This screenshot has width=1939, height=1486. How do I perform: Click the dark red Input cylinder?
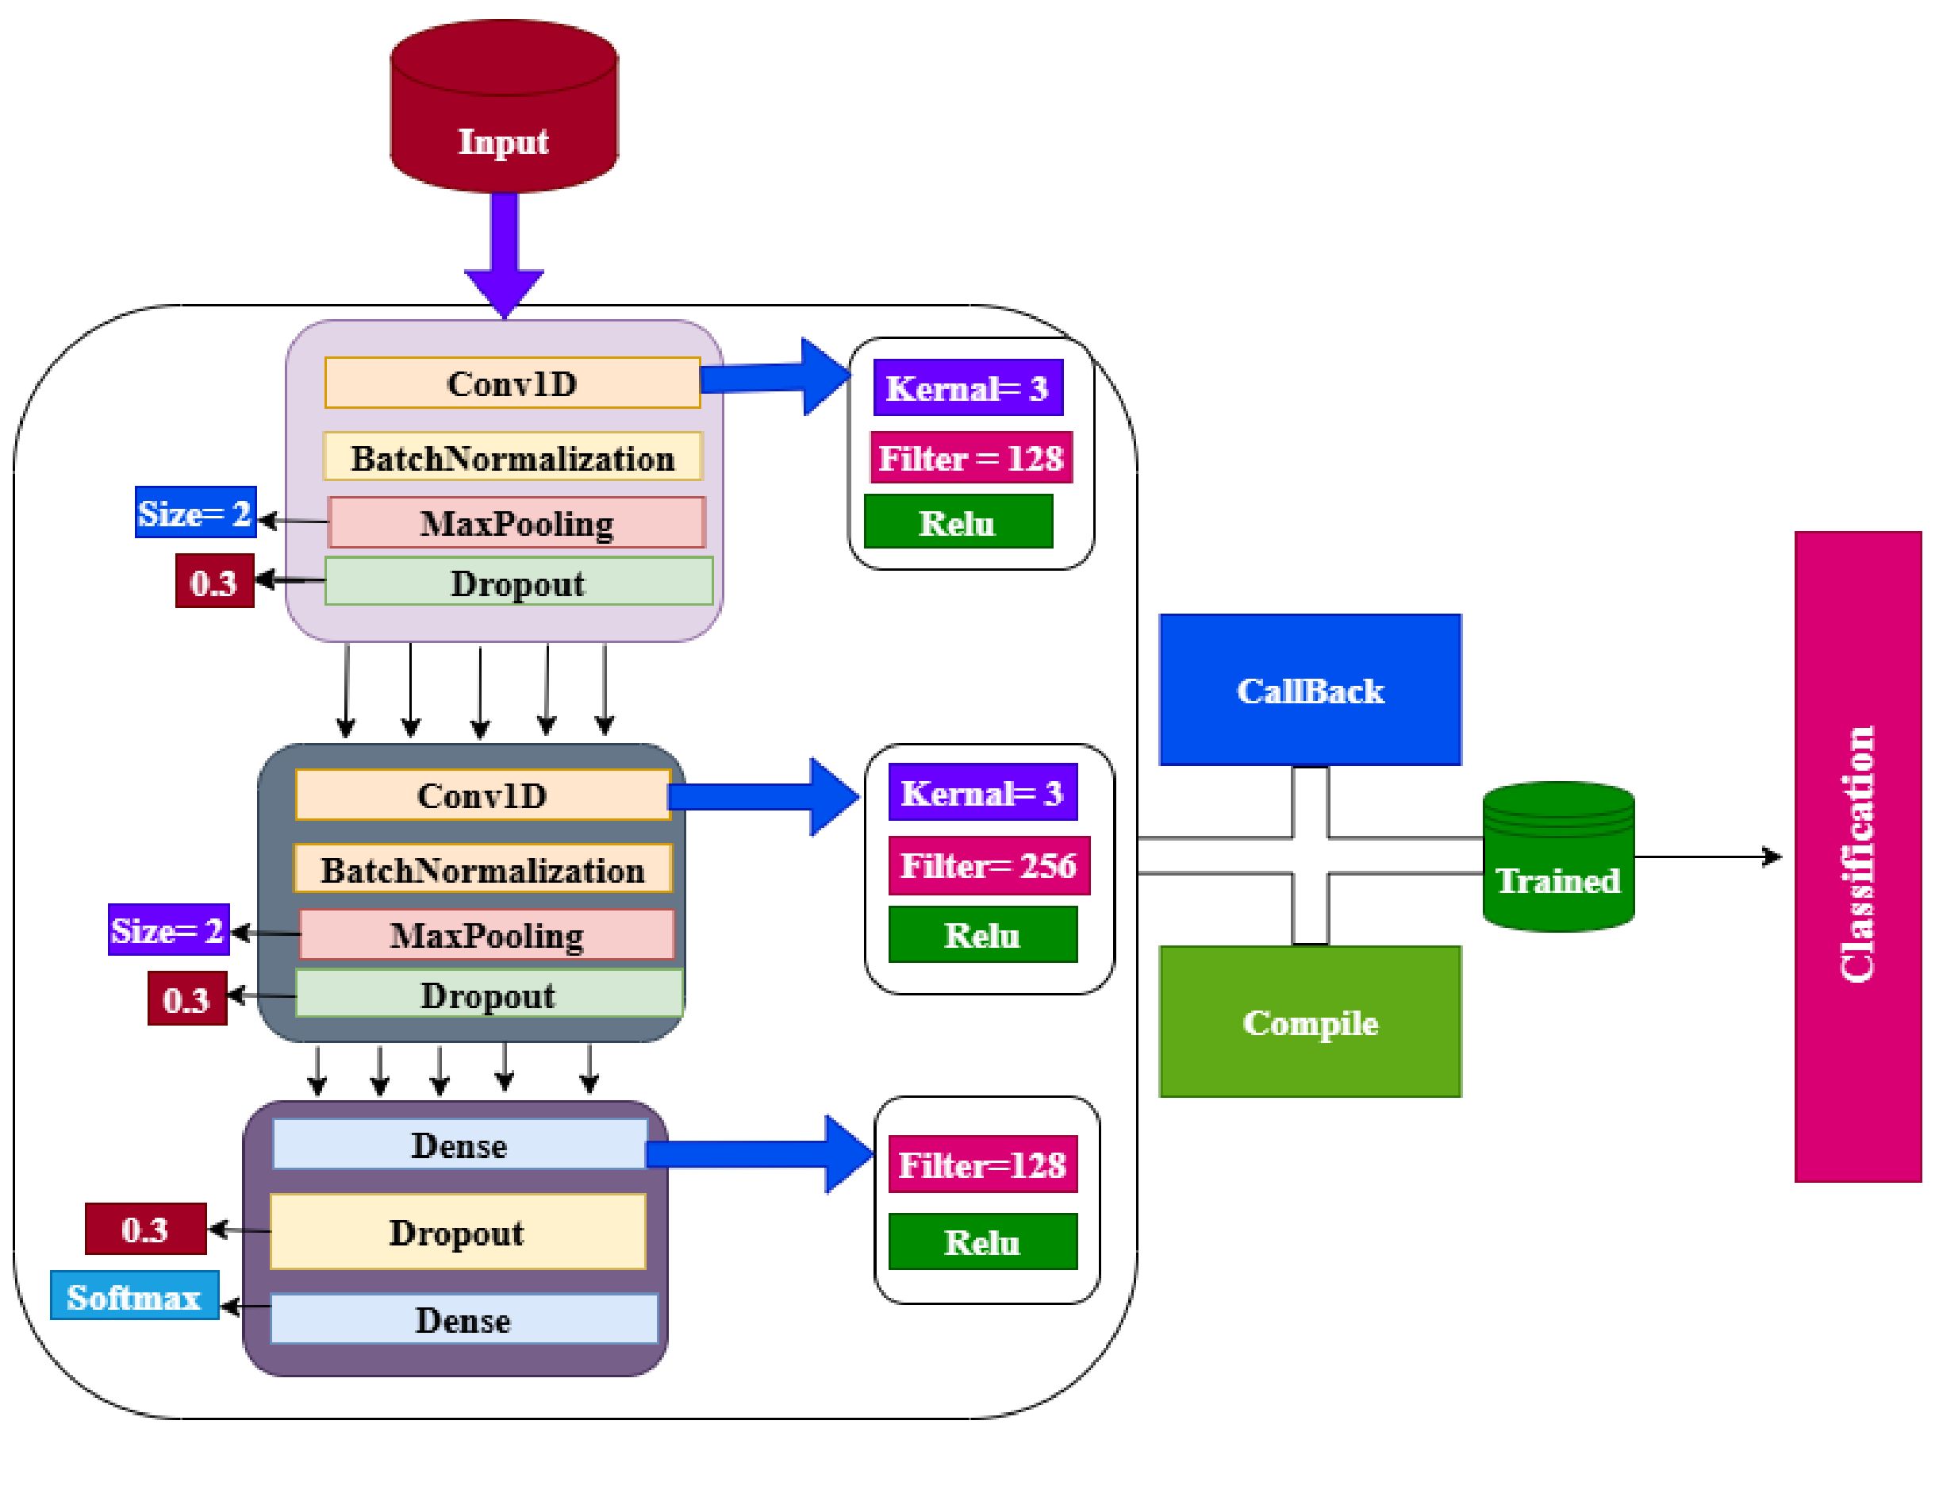[x=503, y=106]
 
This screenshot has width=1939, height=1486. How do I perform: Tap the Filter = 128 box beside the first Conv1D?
[x=970, y=457]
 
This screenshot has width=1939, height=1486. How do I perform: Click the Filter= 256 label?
[x=988, y=865]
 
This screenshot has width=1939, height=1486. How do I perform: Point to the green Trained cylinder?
[x=1557, y=858]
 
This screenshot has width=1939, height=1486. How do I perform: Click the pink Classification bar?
[x=1856, y=856]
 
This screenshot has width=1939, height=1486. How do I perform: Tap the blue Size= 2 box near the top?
[x=195, y=512]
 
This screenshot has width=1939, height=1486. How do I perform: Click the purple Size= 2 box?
[x=168, y=930]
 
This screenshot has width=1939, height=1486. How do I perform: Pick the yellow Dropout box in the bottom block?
[x=457, y=1232]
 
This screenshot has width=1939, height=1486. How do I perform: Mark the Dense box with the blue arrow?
[x=459, y=1145]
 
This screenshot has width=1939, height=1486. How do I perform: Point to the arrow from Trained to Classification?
[x=1707, y=857]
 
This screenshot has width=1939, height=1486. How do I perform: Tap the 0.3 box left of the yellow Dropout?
[x=145, y=1229]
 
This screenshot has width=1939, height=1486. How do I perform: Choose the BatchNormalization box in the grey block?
[x=482, y=870]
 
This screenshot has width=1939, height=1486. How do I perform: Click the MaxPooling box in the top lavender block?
[x=516, y=523]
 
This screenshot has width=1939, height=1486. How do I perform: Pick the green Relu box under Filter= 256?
[x=981, y=935]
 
